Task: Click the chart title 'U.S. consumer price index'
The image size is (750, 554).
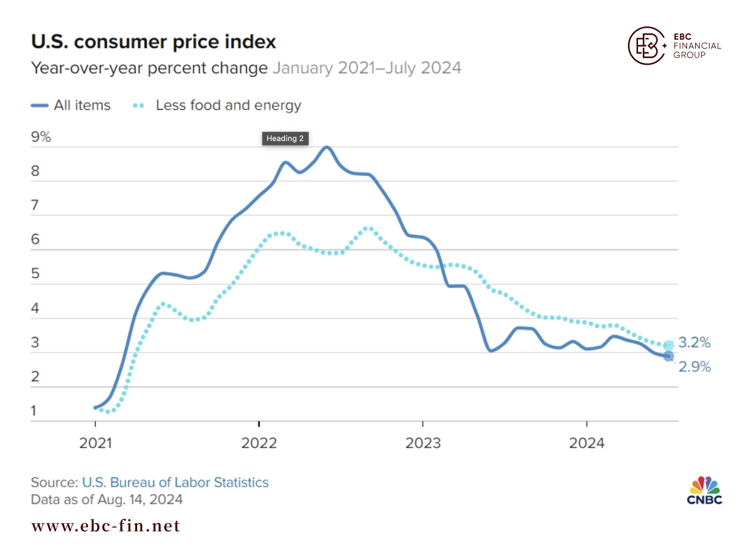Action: coord(154,42)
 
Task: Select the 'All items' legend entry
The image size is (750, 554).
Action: coord(71,105)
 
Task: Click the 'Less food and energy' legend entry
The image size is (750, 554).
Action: coord(217,105)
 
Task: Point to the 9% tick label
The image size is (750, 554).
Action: coord(41,137)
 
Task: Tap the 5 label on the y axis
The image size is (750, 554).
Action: coord(35,274)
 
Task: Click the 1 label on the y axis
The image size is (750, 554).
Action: coord(33,410)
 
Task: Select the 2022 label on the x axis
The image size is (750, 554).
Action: coord(259,443)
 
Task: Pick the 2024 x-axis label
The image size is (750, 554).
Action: coord(586,443)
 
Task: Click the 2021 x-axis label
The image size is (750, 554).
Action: coord(95,443)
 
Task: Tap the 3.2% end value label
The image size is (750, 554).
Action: coord(694,342)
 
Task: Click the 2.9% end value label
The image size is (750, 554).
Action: coord(695,367)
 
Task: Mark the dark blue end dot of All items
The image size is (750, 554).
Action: coord(669,356)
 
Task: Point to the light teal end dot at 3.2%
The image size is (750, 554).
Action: coord(669,345)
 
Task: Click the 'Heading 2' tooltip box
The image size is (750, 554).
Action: coord(285,138)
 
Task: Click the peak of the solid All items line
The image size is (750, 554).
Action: coord(327,147)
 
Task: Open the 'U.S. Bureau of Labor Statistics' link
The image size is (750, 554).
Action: coord(175,482)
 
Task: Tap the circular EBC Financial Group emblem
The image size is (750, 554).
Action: coord(646,45)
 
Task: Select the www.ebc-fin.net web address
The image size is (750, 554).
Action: coord(106,526)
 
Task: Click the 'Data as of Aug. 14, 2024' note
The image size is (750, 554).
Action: coord(107,499)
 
